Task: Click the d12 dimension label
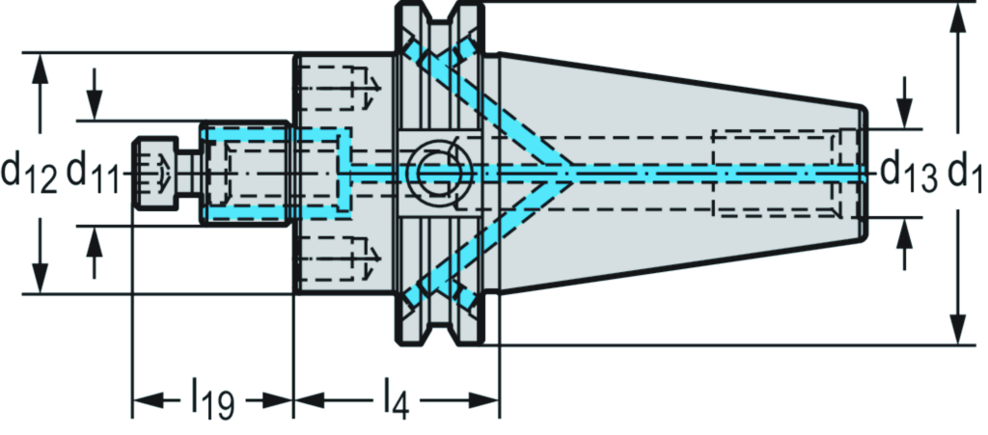tap(28, 175)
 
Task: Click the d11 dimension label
tap(93, 175)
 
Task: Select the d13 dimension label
tap(908, 175)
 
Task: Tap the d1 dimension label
tap(964, 175)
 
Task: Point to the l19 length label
tap(211, 397)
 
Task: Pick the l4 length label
tap(395, 397)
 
